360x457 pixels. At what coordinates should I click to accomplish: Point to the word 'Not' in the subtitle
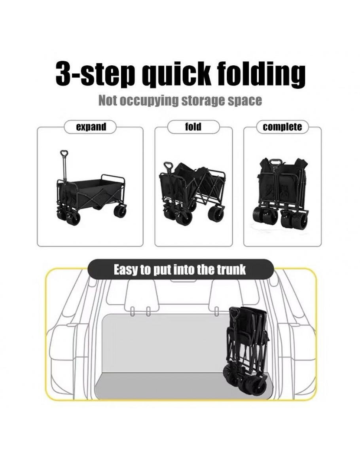coord(108,101)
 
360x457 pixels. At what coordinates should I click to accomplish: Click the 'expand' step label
coord(91,127)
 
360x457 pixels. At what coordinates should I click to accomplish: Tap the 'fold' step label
coord(193,127)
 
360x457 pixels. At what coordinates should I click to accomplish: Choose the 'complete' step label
coord(282,127)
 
